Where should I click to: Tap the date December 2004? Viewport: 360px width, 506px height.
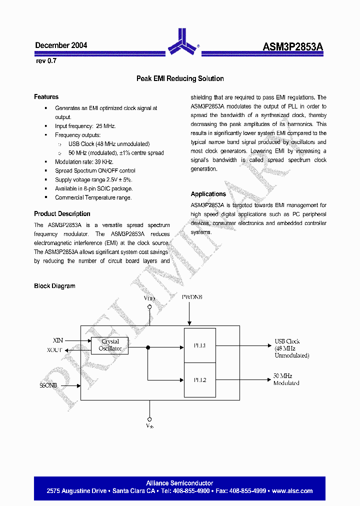[61, 45]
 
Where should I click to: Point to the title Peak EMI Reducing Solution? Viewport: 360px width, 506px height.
[180, 78]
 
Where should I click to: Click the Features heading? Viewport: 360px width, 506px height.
[46, 97]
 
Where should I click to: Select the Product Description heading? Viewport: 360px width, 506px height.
[62, 214]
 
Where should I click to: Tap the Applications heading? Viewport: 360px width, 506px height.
[208, 194]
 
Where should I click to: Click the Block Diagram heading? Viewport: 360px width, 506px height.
[54, 286]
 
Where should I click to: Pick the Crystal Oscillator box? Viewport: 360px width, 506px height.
[110, 345]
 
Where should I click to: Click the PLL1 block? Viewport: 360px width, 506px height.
[200, 345]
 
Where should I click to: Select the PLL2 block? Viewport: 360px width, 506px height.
[200, 380]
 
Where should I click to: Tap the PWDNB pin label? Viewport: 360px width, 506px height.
[192, 297]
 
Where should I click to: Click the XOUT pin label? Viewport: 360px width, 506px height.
[54, 350]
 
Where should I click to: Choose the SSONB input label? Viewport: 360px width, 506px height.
[48, 385]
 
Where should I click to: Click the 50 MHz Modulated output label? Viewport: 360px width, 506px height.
[286, 379]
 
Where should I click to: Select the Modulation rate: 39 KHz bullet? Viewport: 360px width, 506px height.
[84, 162]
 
